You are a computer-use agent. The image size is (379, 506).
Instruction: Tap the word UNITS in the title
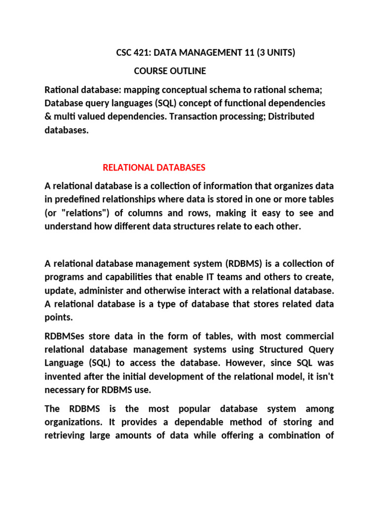pos(280,53)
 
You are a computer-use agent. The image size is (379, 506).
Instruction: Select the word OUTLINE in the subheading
pos(188,71)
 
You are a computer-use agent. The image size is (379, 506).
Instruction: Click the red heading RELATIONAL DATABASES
pos(154,168)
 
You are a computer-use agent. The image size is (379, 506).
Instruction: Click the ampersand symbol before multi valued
pos(48,117)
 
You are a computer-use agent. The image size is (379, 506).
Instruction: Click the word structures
pos(211,227)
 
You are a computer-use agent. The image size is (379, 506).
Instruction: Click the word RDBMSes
pos(65,337)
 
